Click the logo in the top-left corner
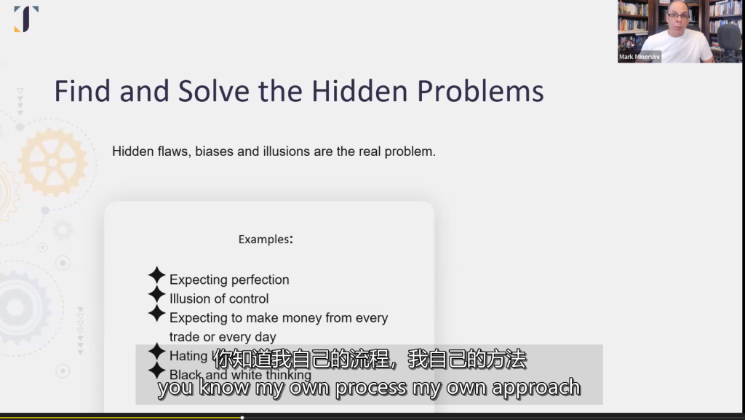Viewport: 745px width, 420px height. (26, 18)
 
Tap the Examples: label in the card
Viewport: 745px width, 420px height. (266, 239)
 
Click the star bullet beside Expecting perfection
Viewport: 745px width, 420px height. (157, 276)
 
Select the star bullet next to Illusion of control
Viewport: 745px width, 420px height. (157, 295)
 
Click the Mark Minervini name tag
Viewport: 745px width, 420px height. (640, 57)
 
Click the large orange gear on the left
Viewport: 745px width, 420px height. (52, 162)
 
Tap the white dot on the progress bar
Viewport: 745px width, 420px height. (242, 418)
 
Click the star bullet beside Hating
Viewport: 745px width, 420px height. (157, 352)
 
